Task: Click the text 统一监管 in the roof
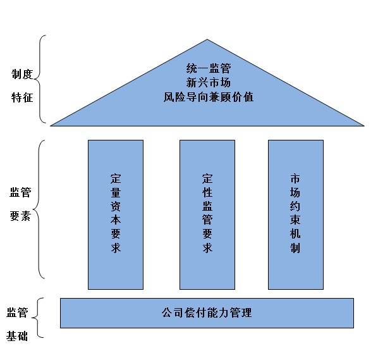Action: pyautogui.click(x=209, y=68)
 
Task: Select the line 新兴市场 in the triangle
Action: pyautogui.click(x=209, y=82)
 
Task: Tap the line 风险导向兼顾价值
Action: pyautogui.click(x=209, y=97)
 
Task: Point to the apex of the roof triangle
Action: pyautogui.click(x=207, y=40)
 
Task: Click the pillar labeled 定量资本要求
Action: pyautogui.click(x=116, y=214)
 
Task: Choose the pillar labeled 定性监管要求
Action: pyautogui.click(x=207, y=214)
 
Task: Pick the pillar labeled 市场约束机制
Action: pyautogui.click(x=296, y=214)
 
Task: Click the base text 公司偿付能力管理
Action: pyautogui.click(x=207, y=313)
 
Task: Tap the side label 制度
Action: pyautogui.click(x=22, y=74)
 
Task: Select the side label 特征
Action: pyautogui.click(x=22, y=97)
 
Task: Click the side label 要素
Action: pyautogui.click(x=20, y=216)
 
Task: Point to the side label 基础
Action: pyautogui.click(x=17, y=336)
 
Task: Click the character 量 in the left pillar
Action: pyautogui.click(x=116, y=192)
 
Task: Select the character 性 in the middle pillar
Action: pyautogui.click(x=207, y=192)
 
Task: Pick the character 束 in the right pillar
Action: pyautogui.click(x=295, y=220)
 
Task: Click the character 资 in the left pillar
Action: pyautogui.click(x=116, y=206)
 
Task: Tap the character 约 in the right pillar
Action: pyautogui.click(x=295, y=206)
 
